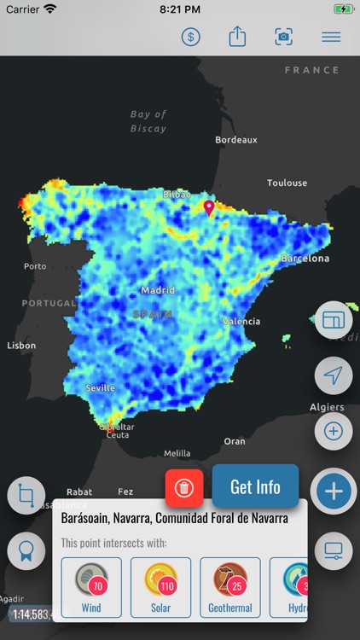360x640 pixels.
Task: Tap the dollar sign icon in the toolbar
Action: click(192, 37)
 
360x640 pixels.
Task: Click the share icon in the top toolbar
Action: click(237, 37)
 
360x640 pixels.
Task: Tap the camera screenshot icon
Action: click(283, 37)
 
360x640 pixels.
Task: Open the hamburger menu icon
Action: click(331, 37)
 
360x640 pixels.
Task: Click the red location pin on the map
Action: click(209, 208)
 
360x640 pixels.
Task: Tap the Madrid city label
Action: click(158, 290)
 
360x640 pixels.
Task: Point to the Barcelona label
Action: click(305, 258)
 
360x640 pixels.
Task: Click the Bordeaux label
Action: click(236, 139)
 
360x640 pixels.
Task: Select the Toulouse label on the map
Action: click(287, 183)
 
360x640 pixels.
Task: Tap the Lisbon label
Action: click(21, 346)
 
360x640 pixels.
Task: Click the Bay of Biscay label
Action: click(148, 121)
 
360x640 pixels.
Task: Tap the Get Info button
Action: click(255, 487)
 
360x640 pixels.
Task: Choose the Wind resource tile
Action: click(91, 587)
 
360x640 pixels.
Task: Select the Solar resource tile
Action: click(160, 587)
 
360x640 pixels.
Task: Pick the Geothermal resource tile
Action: click(230, 587)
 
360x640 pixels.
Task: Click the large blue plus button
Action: click(334, 492)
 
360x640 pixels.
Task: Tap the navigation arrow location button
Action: click(334, 375)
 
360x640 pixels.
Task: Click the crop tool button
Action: click(26, 496)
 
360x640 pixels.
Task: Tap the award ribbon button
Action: click(26, 551)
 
